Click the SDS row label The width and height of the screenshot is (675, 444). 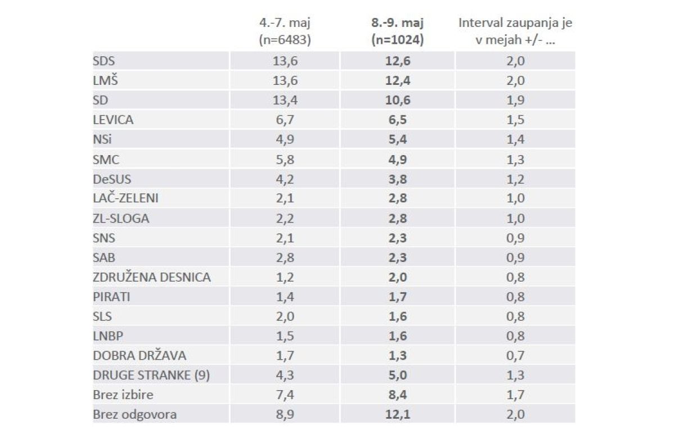point(104,61)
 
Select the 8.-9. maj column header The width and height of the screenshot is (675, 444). point(398,31)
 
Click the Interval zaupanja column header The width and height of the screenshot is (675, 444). point(515,31)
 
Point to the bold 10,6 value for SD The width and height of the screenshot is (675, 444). point(398,100)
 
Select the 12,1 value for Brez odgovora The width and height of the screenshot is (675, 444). point(398,415)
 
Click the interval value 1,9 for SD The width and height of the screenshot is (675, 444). point(515,100)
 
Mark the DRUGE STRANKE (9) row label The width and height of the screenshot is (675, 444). point(151,375)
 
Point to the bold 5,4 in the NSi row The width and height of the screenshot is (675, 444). point(398,139)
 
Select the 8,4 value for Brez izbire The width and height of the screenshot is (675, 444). point(398,395)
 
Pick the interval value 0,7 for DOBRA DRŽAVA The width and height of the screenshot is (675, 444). point(515,356)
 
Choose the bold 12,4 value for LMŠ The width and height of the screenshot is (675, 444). point(398,80)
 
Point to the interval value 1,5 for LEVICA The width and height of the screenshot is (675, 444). point(515,120)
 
